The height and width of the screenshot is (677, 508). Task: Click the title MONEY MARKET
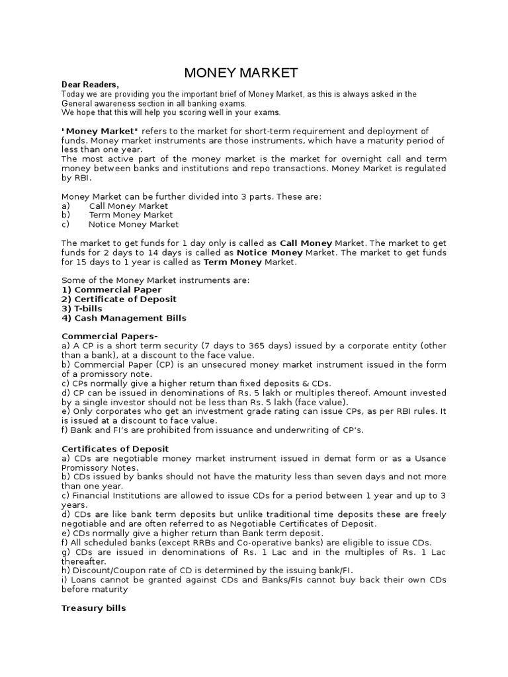[x=240, y=73]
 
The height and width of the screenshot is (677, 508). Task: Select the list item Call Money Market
[x=128, y=206]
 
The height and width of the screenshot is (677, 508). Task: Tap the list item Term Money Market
[x=130, y=215]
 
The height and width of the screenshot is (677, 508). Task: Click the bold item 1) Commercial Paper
[x=111, y=290]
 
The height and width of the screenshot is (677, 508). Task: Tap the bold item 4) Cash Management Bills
[x=124, y=318]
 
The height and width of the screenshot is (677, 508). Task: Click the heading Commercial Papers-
[x=105, y=337]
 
